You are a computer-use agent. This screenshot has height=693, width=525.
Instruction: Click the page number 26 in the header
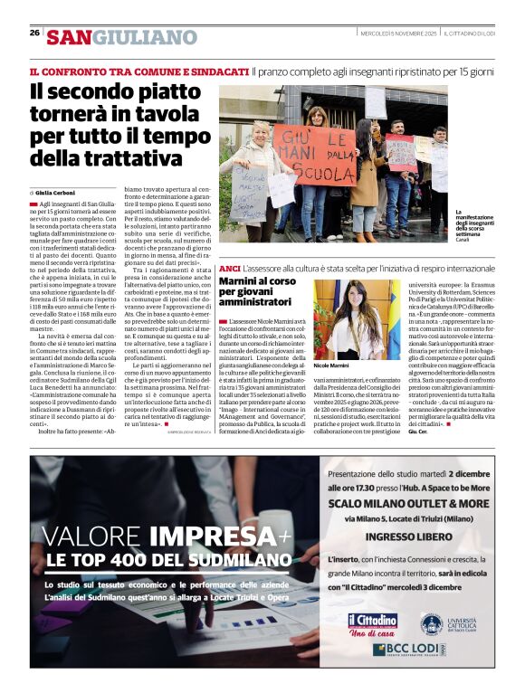[x=34, y=33]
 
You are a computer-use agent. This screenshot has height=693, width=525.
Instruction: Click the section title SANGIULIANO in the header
[x=121, y=37]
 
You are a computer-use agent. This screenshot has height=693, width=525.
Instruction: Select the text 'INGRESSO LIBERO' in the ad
[x=408, y=536]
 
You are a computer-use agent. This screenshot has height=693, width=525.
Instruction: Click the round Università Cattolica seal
[x=431, y=622]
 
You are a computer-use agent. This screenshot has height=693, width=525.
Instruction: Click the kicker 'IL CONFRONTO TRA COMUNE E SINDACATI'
[x=138, y=71]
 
